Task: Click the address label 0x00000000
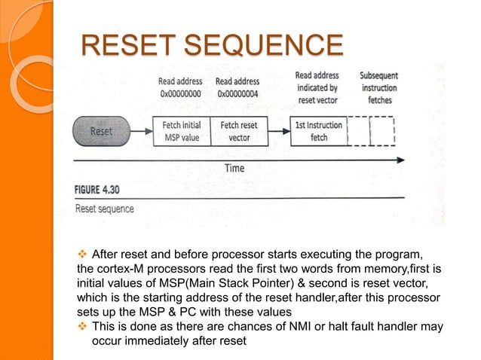click(x=180, y=94)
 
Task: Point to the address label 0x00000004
click(x=239, y=94)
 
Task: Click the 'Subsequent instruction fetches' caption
click(x=379, y=87)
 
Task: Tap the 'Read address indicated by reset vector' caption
click(x=317, y=87)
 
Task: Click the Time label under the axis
click(x=234, y=168)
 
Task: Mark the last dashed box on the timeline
click(x=383, y=130)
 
